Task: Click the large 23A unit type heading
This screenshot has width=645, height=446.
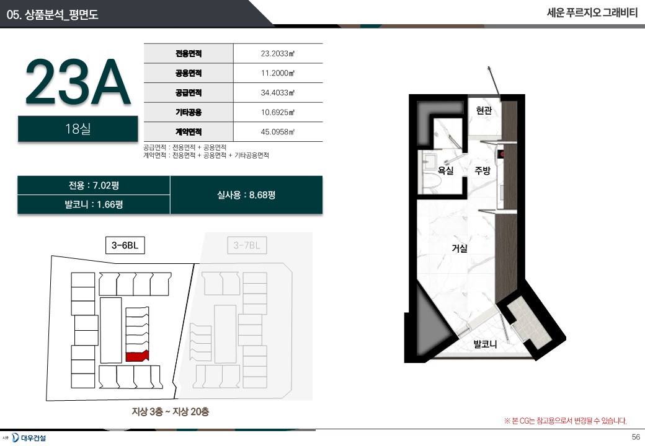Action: [78, 82]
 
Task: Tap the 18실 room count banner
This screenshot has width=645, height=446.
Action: [78, 129]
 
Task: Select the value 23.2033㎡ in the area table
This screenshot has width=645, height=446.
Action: [278, 53]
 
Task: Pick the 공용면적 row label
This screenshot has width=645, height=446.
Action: [189, 73]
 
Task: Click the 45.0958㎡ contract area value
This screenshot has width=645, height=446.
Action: [278, 132]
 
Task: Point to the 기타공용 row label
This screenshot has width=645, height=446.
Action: [189, 112]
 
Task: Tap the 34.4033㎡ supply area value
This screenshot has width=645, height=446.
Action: [278, 93]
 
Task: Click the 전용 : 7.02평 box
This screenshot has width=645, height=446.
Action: [94, 185]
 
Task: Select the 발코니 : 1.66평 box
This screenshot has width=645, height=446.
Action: [94, 204]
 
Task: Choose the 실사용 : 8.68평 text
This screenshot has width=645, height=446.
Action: [246, 195]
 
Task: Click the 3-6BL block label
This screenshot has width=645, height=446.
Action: [125, 245]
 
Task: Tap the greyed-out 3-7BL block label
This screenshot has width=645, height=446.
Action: [247, 245]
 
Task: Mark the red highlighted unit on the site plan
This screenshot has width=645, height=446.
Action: [137, 356]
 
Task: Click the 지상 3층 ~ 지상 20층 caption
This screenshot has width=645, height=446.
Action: [171, 411]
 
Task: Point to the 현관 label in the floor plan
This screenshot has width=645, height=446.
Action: [484, 110]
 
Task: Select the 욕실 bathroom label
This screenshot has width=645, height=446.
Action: [445, 170]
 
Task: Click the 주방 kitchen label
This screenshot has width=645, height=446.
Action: [483, 170]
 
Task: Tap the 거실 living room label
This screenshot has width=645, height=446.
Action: [460, 248]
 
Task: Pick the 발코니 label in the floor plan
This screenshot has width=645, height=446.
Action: [485, 344]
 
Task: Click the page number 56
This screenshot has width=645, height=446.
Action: [636, 437]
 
